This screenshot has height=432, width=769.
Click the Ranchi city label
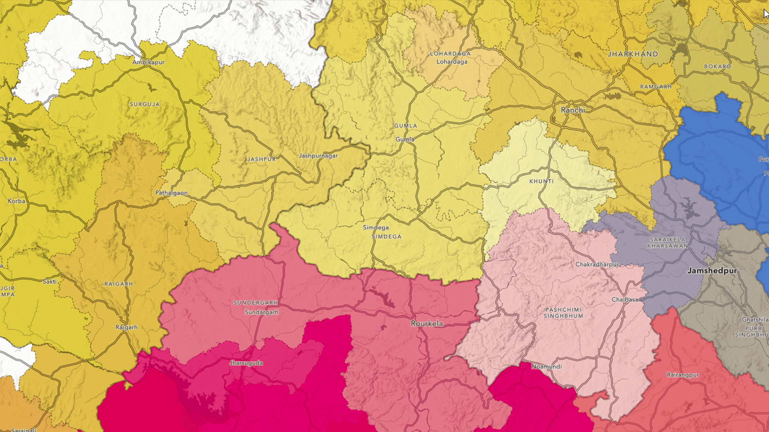(x=573, y=110)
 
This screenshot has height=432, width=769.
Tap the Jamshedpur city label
(x=712, y=271)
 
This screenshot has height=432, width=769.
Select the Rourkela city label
(x=427, y=324)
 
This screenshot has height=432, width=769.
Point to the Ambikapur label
(x=148, y=62)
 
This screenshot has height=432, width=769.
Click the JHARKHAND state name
(x=633, y=54)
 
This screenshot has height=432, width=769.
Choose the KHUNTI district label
(x=542, y=182)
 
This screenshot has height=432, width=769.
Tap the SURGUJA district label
(x=145, y=104)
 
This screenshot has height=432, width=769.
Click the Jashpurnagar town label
(x=318, y=156)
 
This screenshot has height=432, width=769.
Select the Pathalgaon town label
(x=171, y=193)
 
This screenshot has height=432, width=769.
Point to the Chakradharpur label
(x=597, y=264)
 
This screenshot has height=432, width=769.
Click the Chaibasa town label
(x=624, y=300)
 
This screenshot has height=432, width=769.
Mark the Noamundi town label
(x=546, y=366)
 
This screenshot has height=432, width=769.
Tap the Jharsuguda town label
(x=246, y=363)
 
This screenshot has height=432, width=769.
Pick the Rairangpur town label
(x=682, y=375)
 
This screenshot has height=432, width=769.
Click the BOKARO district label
(x=717, y=66)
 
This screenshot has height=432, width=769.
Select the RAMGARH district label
(x=656, y=87)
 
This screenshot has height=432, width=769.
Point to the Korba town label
(x=16, y=201)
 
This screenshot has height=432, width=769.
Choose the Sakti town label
(x=50, y=282)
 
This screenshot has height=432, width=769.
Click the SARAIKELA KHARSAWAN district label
(x=667, y=242)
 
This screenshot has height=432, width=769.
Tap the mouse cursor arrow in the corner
(x=765, y=14)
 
